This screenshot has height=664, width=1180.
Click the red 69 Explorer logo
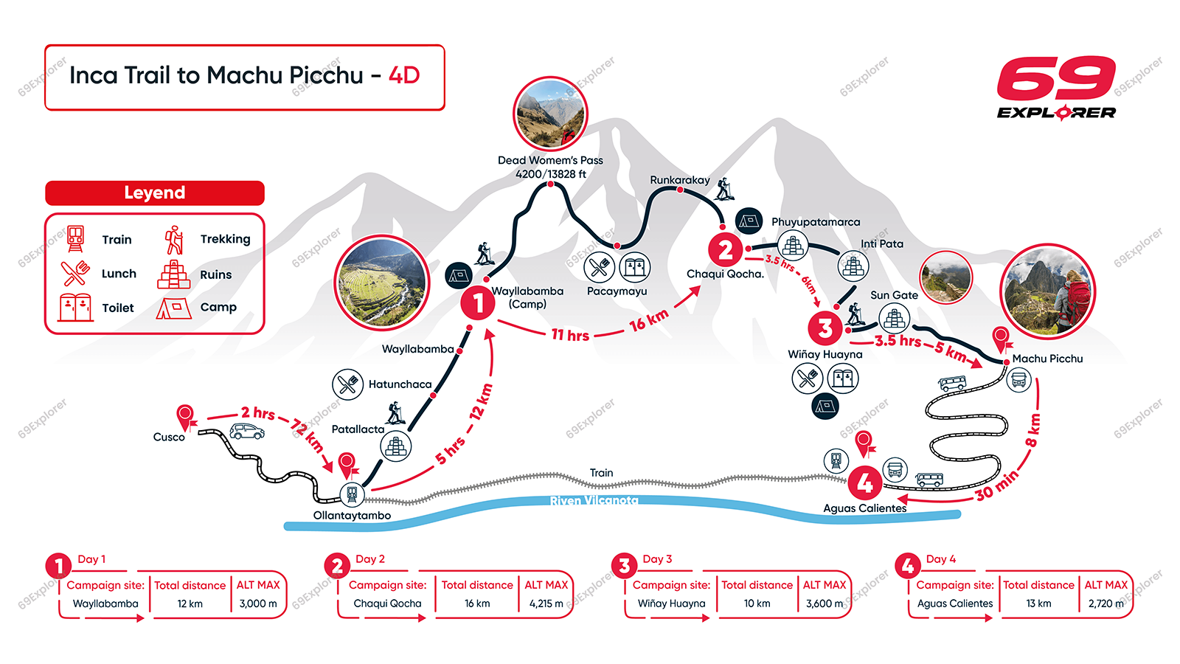coord(1056,87)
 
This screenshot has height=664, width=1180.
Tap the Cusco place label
coord(169,437)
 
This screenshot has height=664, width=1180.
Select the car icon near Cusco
coord(247,432)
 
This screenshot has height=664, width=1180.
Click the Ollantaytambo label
coord(352,515)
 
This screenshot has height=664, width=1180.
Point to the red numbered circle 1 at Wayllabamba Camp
coord(478,302)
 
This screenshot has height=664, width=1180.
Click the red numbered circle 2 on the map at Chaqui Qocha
coord(725,250)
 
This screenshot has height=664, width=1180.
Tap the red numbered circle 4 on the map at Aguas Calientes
coord(864,483)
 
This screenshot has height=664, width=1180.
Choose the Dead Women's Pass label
coord(550,160)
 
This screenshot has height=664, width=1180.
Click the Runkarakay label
coord(679,180)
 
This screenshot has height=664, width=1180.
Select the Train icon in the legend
coord(75,238)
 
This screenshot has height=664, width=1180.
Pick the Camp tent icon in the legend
coord(173,308)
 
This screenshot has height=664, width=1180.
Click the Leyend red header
coord(155,193)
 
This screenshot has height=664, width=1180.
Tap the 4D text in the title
coord(404,75)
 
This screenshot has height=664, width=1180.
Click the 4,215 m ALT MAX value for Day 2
coord(546,604)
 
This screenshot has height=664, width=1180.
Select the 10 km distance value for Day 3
coord(757,604)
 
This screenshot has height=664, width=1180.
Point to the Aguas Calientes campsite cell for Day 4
coord(955,604)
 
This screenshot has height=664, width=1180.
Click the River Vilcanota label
coord(594,501)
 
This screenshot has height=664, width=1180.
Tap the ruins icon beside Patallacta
coord(396,446)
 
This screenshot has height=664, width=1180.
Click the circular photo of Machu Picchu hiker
coord(1047,291)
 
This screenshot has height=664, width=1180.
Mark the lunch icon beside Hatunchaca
coord(347,384)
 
